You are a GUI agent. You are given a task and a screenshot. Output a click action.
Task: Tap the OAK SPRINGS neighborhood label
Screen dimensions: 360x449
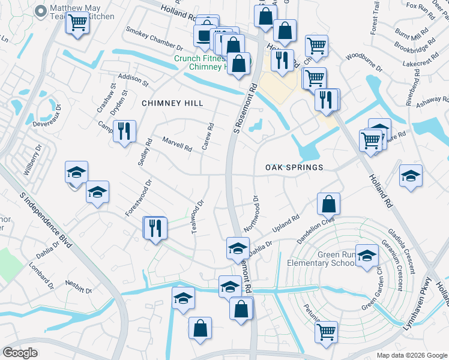click(x=294, y=167)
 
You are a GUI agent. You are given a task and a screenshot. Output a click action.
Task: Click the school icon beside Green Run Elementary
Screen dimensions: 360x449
click(x=366, y=256)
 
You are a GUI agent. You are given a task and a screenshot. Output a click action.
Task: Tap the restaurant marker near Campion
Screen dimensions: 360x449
click(x=124, y=131)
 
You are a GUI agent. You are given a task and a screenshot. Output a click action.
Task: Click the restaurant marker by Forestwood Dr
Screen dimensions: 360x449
click(x=155, y=227)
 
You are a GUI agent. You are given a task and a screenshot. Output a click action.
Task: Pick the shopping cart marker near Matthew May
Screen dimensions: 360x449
click(x=77, y=23)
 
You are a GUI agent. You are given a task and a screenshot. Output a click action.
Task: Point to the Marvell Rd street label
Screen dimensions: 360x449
click(x=177, y=144)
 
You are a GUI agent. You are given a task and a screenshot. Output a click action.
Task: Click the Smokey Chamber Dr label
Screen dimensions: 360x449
click(x=154, y=38)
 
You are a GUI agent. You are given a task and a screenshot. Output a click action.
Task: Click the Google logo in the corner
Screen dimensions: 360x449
click(x=20, y=353)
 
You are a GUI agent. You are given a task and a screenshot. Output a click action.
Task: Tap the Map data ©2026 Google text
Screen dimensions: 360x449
click(x=412, y=355)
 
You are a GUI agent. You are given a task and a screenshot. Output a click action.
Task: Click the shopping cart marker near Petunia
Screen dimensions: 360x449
click(x=326, y=331)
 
